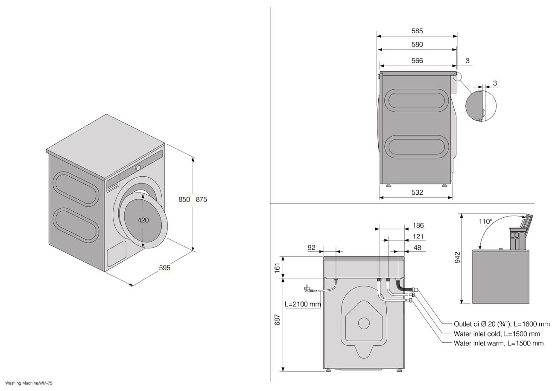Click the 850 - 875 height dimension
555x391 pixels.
point(193,199)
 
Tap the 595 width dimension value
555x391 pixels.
point(164,268)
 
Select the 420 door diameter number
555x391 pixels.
point(143,220)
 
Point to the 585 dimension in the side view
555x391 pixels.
point(417,31)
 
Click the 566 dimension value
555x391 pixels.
point(417,61)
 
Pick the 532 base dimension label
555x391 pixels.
point(417,192)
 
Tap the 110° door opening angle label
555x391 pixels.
point(485,222)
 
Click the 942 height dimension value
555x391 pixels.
point(457,257)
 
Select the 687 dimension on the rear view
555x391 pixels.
point(277,320)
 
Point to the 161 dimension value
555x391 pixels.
point(277,268)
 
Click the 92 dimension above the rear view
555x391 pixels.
point(312,248)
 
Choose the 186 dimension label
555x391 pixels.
point(418,225)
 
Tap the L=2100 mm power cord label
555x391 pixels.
point(303,304)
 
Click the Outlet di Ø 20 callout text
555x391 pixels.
point(502,324)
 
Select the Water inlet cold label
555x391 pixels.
point(497,334)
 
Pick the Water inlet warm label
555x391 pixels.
point(499,343)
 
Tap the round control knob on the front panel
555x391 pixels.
point(138,167)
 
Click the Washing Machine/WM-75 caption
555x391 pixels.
point(29,383)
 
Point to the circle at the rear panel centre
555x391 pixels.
point(364,323)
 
